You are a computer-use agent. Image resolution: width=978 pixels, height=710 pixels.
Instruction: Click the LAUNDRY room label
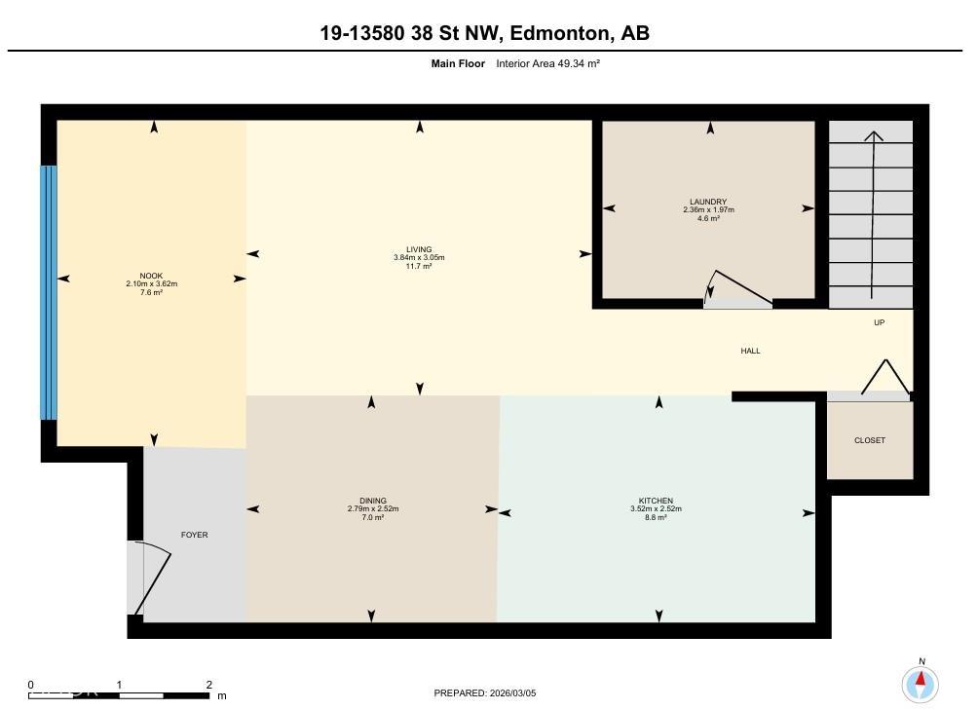(x=708, y=202)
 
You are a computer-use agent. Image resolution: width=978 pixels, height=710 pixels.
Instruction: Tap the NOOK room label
(x=151, y=275)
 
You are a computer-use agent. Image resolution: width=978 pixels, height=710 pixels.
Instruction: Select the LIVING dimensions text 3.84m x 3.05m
(x=419, y=257)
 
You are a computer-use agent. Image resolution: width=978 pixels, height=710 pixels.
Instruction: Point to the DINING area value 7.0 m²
(x=372, y=517)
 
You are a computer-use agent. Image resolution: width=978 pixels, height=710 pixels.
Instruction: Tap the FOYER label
(x=194, y=535)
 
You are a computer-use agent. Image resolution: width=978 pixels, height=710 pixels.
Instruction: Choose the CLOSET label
(x=869, y=440)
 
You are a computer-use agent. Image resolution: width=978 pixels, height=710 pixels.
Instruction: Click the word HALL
(x=750, y=351)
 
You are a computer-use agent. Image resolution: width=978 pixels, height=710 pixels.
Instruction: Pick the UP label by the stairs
(x=879, y=323)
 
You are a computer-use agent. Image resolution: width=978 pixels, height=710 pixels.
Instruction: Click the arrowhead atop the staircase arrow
(x=874, y=136)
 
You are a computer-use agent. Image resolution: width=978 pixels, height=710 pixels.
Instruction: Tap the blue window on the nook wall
(x=49, y=292)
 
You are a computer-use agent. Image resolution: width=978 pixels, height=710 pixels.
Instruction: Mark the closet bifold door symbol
(x=884, y=380)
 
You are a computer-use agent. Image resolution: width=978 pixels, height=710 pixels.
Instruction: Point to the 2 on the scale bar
(x=209, y=685)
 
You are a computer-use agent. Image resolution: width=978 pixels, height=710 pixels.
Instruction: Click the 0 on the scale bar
(x=31, y=685)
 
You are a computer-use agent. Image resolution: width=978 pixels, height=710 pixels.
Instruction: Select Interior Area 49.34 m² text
(x=547, y=63)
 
